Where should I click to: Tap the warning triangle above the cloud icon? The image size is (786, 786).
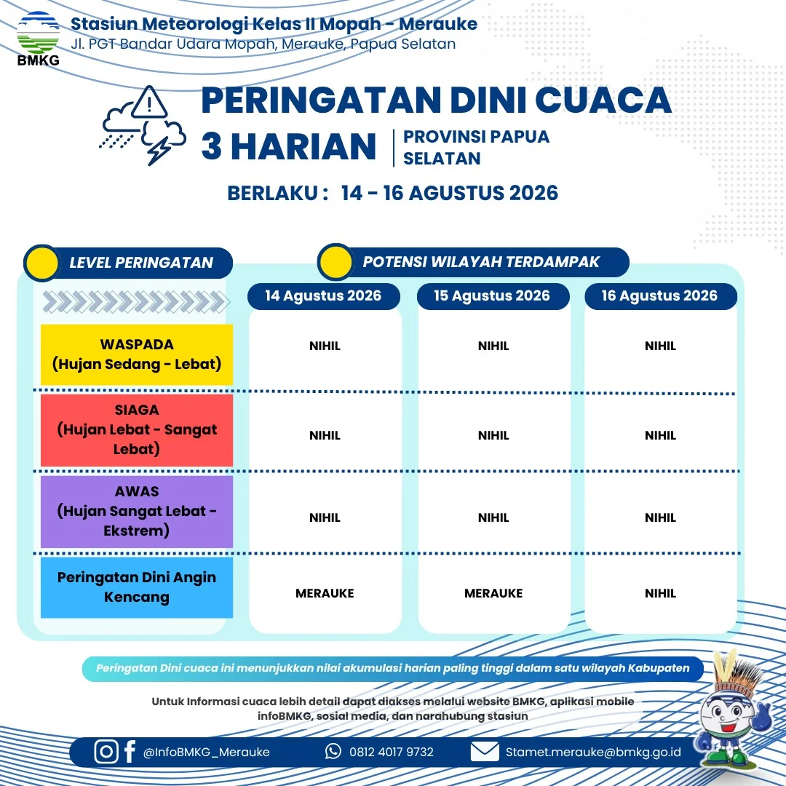(149, 103)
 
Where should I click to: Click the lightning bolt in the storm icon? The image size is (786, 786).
(159, 150)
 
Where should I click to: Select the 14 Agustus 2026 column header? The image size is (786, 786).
(323, 295)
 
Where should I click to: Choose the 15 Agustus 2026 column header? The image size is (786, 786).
(493, 295)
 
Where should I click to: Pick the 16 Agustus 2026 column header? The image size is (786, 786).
(660, 295)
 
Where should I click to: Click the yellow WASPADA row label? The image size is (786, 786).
(136, 354)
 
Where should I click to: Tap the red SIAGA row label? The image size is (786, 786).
(136, 430)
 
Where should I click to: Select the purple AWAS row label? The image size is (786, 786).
(136, 512)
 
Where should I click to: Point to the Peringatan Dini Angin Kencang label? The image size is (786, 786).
(136, 587)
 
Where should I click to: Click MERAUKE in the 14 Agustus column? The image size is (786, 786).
(325, 594)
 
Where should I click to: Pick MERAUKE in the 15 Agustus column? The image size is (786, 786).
(493, 594)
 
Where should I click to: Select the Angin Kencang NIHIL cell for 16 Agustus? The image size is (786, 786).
(660, 594)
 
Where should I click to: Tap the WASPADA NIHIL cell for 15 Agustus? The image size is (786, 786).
(493, 346)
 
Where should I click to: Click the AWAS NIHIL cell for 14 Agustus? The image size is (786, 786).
(325, 517)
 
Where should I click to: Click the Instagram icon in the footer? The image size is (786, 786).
(106, 751)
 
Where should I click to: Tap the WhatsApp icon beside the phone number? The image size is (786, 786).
(333, 751)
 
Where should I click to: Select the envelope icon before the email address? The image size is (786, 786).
(485, 751)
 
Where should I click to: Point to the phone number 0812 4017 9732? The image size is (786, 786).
(392, 752)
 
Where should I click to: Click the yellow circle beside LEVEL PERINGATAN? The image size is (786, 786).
(42, 263)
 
